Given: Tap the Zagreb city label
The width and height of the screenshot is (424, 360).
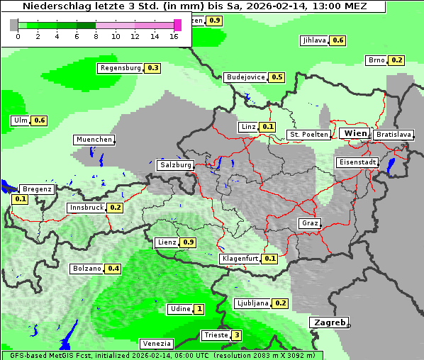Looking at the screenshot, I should (x=329, y=322).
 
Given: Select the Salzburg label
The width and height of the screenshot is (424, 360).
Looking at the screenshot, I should (x=175, y=164).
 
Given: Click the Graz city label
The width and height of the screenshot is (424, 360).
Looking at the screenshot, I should (x=310, y=223).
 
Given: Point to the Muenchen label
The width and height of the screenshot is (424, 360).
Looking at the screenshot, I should (x=94, y=140).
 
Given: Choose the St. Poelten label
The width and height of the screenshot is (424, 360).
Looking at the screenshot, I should (x=308, y=134).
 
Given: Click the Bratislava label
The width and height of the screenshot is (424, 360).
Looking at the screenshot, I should (x=394, y=134).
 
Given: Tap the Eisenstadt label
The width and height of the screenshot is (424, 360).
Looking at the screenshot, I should (x=357, y=162).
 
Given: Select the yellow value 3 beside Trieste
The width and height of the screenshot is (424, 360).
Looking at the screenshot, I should (x=237, y=335).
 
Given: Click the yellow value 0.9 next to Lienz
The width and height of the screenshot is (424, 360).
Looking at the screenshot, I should (x=188, y=242).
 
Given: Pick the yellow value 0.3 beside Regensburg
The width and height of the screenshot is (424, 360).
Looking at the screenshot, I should (x=152, y=68).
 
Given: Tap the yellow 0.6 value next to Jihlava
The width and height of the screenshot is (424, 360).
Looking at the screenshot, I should (x=338, y=40).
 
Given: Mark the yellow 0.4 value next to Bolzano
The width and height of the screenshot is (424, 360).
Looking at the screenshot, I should (x=113, y=269).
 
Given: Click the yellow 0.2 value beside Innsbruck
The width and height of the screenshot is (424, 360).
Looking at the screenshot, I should (x=116, y=208).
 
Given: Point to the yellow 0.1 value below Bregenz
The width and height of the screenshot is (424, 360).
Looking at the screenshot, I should (x=20, y=199).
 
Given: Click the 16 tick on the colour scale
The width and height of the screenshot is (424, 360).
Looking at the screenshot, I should (x=174, y=35).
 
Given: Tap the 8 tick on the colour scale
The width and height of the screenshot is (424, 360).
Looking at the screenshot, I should (x=96, y=35).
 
